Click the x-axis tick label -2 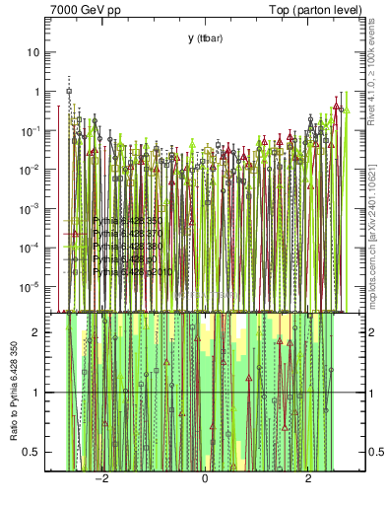[99, 478]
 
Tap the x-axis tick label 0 [205, 478]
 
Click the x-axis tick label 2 [309, 478]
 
